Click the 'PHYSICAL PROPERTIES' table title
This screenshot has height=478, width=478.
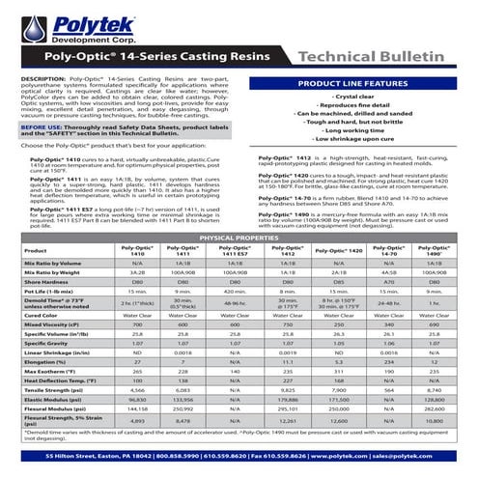[239, 237]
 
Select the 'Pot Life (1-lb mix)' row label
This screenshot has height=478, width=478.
[50, 290]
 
